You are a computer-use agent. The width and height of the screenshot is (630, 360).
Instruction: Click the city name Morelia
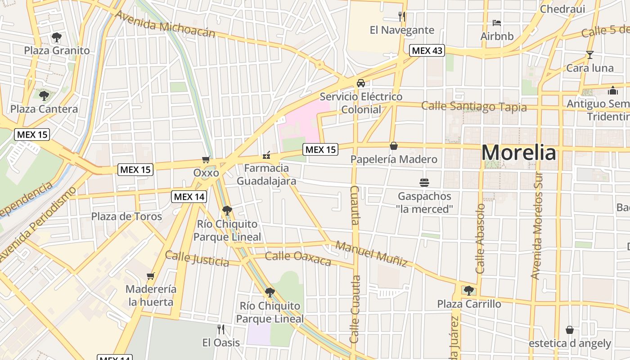[518, 153]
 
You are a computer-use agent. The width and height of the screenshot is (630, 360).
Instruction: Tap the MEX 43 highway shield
[427, 50]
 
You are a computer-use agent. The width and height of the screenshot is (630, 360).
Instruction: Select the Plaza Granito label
[57, 50]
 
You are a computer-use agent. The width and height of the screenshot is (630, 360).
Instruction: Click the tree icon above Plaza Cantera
[44, 95]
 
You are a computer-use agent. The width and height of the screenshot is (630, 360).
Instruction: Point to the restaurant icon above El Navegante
[402, 17]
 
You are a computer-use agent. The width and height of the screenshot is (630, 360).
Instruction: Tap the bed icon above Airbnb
[497, 22]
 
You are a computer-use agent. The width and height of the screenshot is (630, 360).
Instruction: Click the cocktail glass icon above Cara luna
[589, 55]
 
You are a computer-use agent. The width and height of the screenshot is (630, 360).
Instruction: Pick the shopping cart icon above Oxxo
[206, 159]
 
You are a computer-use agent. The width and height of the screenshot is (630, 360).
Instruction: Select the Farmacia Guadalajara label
[266, 175]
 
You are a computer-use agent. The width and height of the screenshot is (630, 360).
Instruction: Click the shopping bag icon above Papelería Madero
[394, 146]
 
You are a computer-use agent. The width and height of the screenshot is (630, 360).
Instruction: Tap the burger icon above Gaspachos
[424, 183]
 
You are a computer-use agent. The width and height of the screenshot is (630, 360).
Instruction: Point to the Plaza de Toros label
[126, 216]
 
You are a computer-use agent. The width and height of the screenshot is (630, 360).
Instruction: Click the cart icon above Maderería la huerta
[151, 276]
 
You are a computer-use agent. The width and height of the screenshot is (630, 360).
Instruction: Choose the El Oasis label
[221, 342]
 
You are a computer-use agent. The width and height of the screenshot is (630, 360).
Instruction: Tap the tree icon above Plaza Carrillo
[469, 290]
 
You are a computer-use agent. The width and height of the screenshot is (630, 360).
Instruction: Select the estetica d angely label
[570, 343]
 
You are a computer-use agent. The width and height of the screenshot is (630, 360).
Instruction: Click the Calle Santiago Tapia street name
[474, 107]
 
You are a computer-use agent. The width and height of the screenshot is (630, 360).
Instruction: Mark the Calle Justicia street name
[197, 259]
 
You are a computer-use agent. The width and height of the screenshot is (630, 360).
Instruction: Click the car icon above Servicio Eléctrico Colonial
[361, 83]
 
